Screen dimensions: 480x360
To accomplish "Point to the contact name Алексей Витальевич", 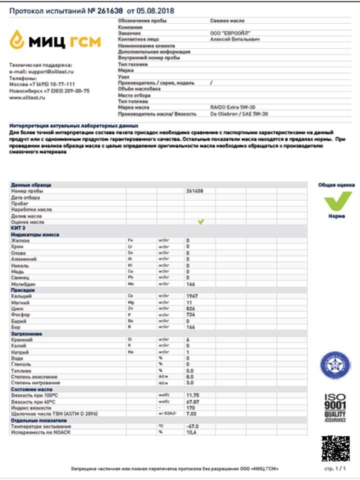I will click(x=235, y=39).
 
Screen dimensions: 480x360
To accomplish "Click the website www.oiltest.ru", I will click(x=27, y=98).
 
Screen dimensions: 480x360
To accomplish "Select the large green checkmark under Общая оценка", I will click(x=337, y=202).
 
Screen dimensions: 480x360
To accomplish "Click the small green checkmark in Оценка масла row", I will click(x=201, y=221).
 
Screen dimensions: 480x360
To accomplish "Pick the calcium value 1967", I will click(x=192, y=296).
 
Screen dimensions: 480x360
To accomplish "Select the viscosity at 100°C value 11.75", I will click(x=192, y=395).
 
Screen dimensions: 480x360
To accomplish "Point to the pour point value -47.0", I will click(x=192, y=426).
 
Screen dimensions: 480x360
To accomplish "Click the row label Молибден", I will click(x=22, y=284).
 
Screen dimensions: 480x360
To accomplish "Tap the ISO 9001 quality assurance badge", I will click(x=335, y=407).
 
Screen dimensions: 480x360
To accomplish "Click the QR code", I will click(x=335, y=448).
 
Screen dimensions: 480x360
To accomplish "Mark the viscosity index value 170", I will click(x=190, y=407).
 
